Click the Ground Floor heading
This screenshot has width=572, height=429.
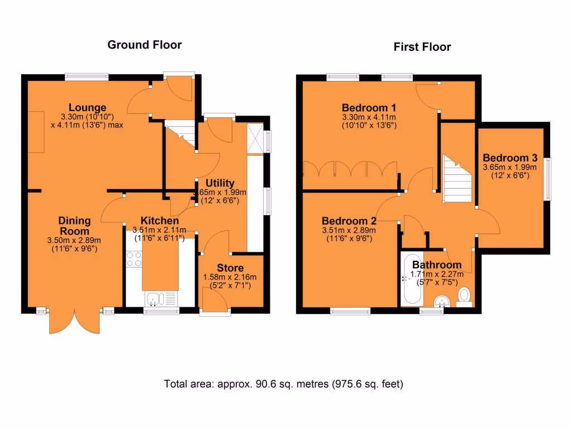point(145,45)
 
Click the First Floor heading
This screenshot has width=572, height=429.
point(422,47)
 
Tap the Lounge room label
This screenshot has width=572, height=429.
point(87,108)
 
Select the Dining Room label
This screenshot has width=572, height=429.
point(74,226)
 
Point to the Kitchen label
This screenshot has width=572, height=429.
point(160,220)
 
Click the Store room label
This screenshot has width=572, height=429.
point(230,268)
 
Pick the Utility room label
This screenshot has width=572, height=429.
point(220,183)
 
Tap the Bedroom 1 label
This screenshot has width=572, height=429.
point(369,108)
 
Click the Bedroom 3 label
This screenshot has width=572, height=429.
point(510,158)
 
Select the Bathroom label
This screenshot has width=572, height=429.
point(437,265)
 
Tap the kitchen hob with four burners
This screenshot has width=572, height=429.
point(134,259)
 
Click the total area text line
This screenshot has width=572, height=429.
point(283,384)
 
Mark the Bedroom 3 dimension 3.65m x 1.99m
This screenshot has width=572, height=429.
point(509,167)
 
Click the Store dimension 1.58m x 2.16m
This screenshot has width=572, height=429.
point(230,277)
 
